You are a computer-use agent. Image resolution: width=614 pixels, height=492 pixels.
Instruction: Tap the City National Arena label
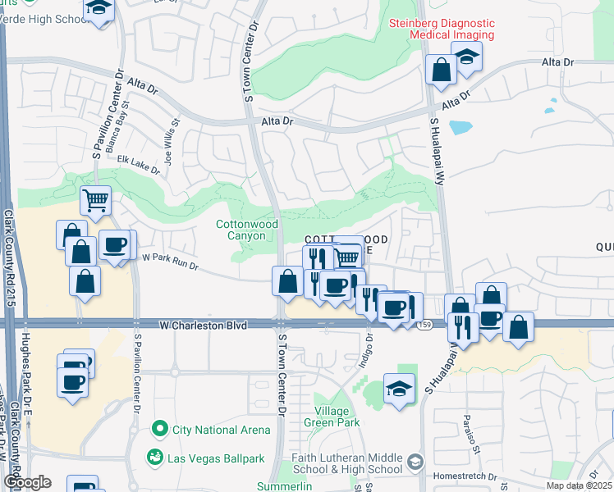(221, 430)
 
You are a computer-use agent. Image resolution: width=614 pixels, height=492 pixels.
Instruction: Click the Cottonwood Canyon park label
(247, 230)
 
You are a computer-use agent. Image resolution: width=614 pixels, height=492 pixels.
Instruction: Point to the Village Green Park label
(337, 417)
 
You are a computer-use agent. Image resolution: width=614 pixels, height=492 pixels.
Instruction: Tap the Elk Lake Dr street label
(138, 164)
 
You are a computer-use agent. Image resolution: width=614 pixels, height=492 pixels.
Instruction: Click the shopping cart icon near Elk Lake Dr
(96, 199)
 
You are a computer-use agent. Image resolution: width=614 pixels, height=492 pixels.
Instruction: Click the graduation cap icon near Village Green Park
(399, 389)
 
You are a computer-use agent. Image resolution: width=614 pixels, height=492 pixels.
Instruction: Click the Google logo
(26, 482)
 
